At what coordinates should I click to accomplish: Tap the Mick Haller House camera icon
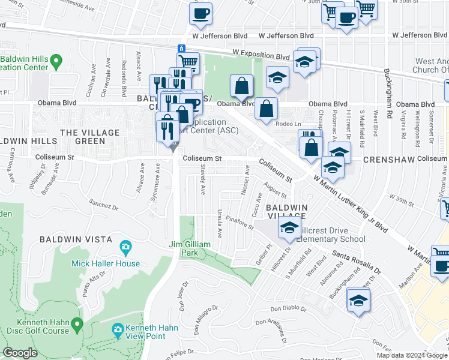click(125, 247)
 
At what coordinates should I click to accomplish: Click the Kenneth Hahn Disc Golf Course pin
click(76, 325)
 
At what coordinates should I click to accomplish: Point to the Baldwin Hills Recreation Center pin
click(56, 60)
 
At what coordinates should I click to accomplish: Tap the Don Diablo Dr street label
click(288, 309)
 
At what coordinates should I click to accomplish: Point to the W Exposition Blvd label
click(267, 56)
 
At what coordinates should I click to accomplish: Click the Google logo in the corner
click(20, 352)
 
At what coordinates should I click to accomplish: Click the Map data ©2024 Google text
click(411, 355)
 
